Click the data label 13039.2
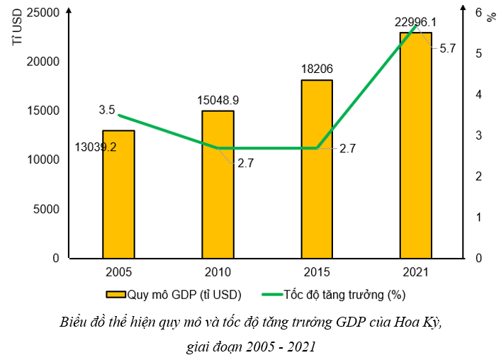click(x=95, y=147)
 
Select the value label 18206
click(x=317, y=69)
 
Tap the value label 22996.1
click(x=416, y=22)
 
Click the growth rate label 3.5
click(x=107, y=110)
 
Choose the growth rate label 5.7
click(x=448, y=49)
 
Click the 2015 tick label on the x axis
click(x=317, y=271)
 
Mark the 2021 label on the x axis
click(x=416, y=271)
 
